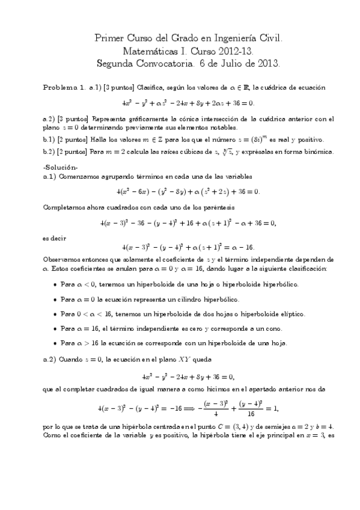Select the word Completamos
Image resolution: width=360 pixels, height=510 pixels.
(65, 207)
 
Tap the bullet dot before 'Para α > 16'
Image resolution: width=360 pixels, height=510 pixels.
(55, 343)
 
